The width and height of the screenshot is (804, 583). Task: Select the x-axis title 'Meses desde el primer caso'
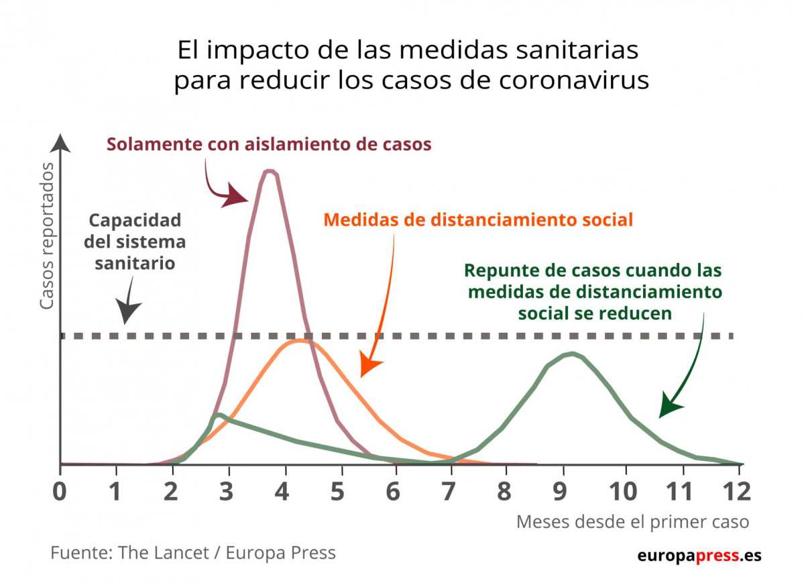click(x=632, y=522)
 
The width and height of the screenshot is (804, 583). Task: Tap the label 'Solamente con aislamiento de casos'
click(x=268, y=144)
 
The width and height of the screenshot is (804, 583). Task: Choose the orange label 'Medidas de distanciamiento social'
click(x=478, y=219)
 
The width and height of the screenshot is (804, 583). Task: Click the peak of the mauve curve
click(x=270, y=172)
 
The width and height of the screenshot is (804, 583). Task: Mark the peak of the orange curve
click(x=299, y=341)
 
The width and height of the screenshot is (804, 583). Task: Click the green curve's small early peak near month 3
click(x=217, y=415)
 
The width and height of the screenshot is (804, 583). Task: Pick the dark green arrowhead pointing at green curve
click(x=671, y=407)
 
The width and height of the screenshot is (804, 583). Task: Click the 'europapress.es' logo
click(x=698, y=555)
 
